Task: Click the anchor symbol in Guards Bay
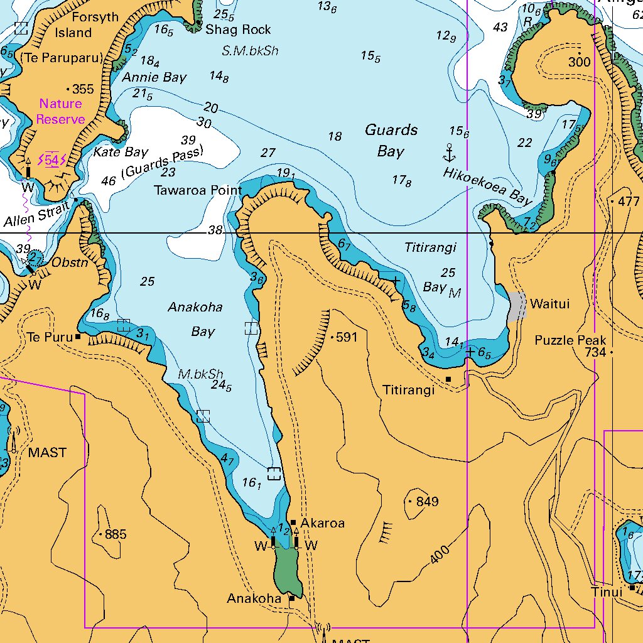point(449,153)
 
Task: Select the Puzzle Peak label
point(571,340)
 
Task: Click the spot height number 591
point(347,337)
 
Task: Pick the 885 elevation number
point(116,535)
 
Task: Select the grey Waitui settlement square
point(517,306)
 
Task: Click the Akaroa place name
point(322,523)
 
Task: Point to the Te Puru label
point(50,337)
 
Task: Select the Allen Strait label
point(36,215)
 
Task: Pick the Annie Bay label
point(154,78)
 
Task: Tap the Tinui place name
point(607,592)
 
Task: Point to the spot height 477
point(628,202)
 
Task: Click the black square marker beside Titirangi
point(448,379)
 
